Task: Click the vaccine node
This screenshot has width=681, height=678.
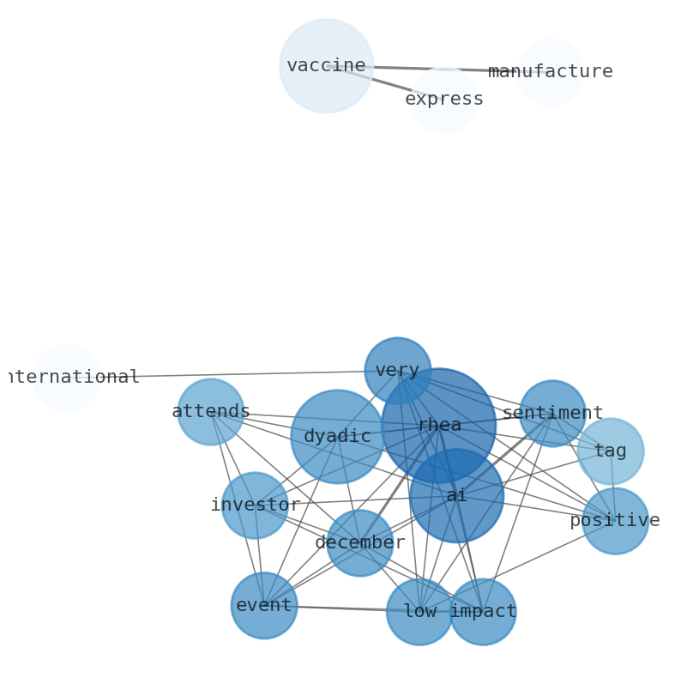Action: [326, 66]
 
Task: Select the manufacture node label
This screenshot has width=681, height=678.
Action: [550, 72]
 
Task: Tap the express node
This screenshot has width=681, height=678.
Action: [444, 100]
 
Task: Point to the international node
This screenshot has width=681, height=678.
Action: [66, 378]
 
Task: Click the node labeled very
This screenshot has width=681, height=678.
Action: [397, 371]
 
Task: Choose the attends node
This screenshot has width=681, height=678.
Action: [210, 412]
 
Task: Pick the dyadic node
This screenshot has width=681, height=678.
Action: [337, 437]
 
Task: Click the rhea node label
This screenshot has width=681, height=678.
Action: [439, 426]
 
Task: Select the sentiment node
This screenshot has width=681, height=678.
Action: [552, 414]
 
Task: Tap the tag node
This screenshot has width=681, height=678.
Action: [610, 451]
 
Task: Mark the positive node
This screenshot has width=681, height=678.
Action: [615, 521]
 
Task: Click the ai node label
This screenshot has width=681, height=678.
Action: [456, 496]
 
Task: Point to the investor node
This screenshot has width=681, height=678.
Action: [255, 505]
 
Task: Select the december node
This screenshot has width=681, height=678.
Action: [360, 543]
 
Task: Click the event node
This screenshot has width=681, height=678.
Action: [264, 606]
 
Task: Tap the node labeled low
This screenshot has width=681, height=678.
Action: [419, 612]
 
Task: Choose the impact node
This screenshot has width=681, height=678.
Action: [483, 612]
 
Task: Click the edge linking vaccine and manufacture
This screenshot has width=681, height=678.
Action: [429, 69]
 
